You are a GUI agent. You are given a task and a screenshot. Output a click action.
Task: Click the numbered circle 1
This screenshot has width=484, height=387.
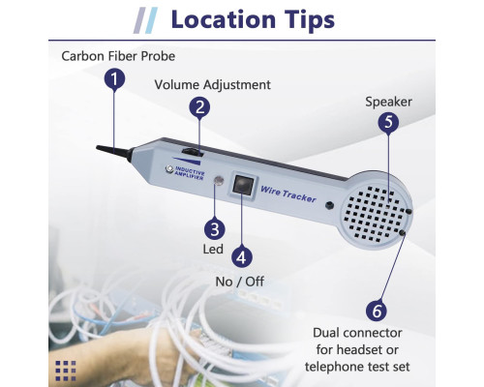[x=114, y=79]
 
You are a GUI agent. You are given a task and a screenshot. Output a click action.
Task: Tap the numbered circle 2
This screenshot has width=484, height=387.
[x=199, y=107]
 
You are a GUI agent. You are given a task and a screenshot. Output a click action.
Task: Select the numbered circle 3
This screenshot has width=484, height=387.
[x=215, y=229]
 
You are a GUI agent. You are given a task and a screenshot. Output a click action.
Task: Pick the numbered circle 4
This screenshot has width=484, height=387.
[x=242, y=257]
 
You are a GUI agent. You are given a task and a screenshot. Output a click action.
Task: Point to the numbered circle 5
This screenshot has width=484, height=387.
[x=388, y=123]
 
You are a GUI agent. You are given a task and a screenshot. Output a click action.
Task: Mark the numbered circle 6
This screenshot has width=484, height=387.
[x=377, y=311]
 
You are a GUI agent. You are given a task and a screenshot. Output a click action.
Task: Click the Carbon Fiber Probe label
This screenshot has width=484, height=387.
[x=118, y=56]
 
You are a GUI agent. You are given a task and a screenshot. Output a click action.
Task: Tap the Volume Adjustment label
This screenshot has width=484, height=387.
[x=212, y=85]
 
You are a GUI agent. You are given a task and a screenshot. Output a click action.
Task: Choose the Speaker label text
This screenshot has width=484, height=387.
[x=388, y=102]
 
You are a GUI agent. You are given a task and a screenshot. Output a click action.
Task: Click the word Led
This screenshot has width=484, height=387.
[x=213, y=249]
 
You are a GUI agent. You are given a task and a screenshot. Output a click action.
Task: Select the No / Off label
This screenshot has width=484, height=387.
[x=239, y=282]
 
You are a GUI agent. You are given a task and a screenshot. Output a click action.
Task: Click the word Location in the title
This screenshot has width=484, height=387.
[x=224, y=19]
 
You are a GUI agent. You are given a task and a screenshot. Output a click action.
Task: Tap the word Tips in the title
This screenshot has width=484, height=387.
[x=310, y=20]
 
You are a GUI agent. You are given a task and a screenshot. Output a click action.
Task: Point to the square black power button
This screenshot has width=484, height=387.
[x=242, y=185]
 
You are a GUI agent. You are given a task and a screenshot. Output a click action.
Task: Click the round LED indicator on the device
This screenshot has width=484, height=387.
[x=219, y=180]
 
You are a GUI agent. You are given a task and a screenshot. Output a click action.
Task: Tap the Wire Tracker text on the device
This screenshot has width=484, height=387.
[x=288, y=194]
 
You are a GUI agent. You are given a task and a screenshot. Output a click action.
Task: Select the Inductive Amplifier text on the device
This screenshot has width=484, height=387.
[x=190, y=173]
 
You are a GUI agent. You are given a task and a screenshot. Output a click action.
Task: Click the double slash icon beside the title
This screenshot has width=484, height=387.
[x=145, y=20]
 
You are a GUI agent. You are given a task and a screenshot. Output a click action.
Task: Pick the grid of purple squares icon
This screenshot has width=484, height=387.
[x=66, y=371]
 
